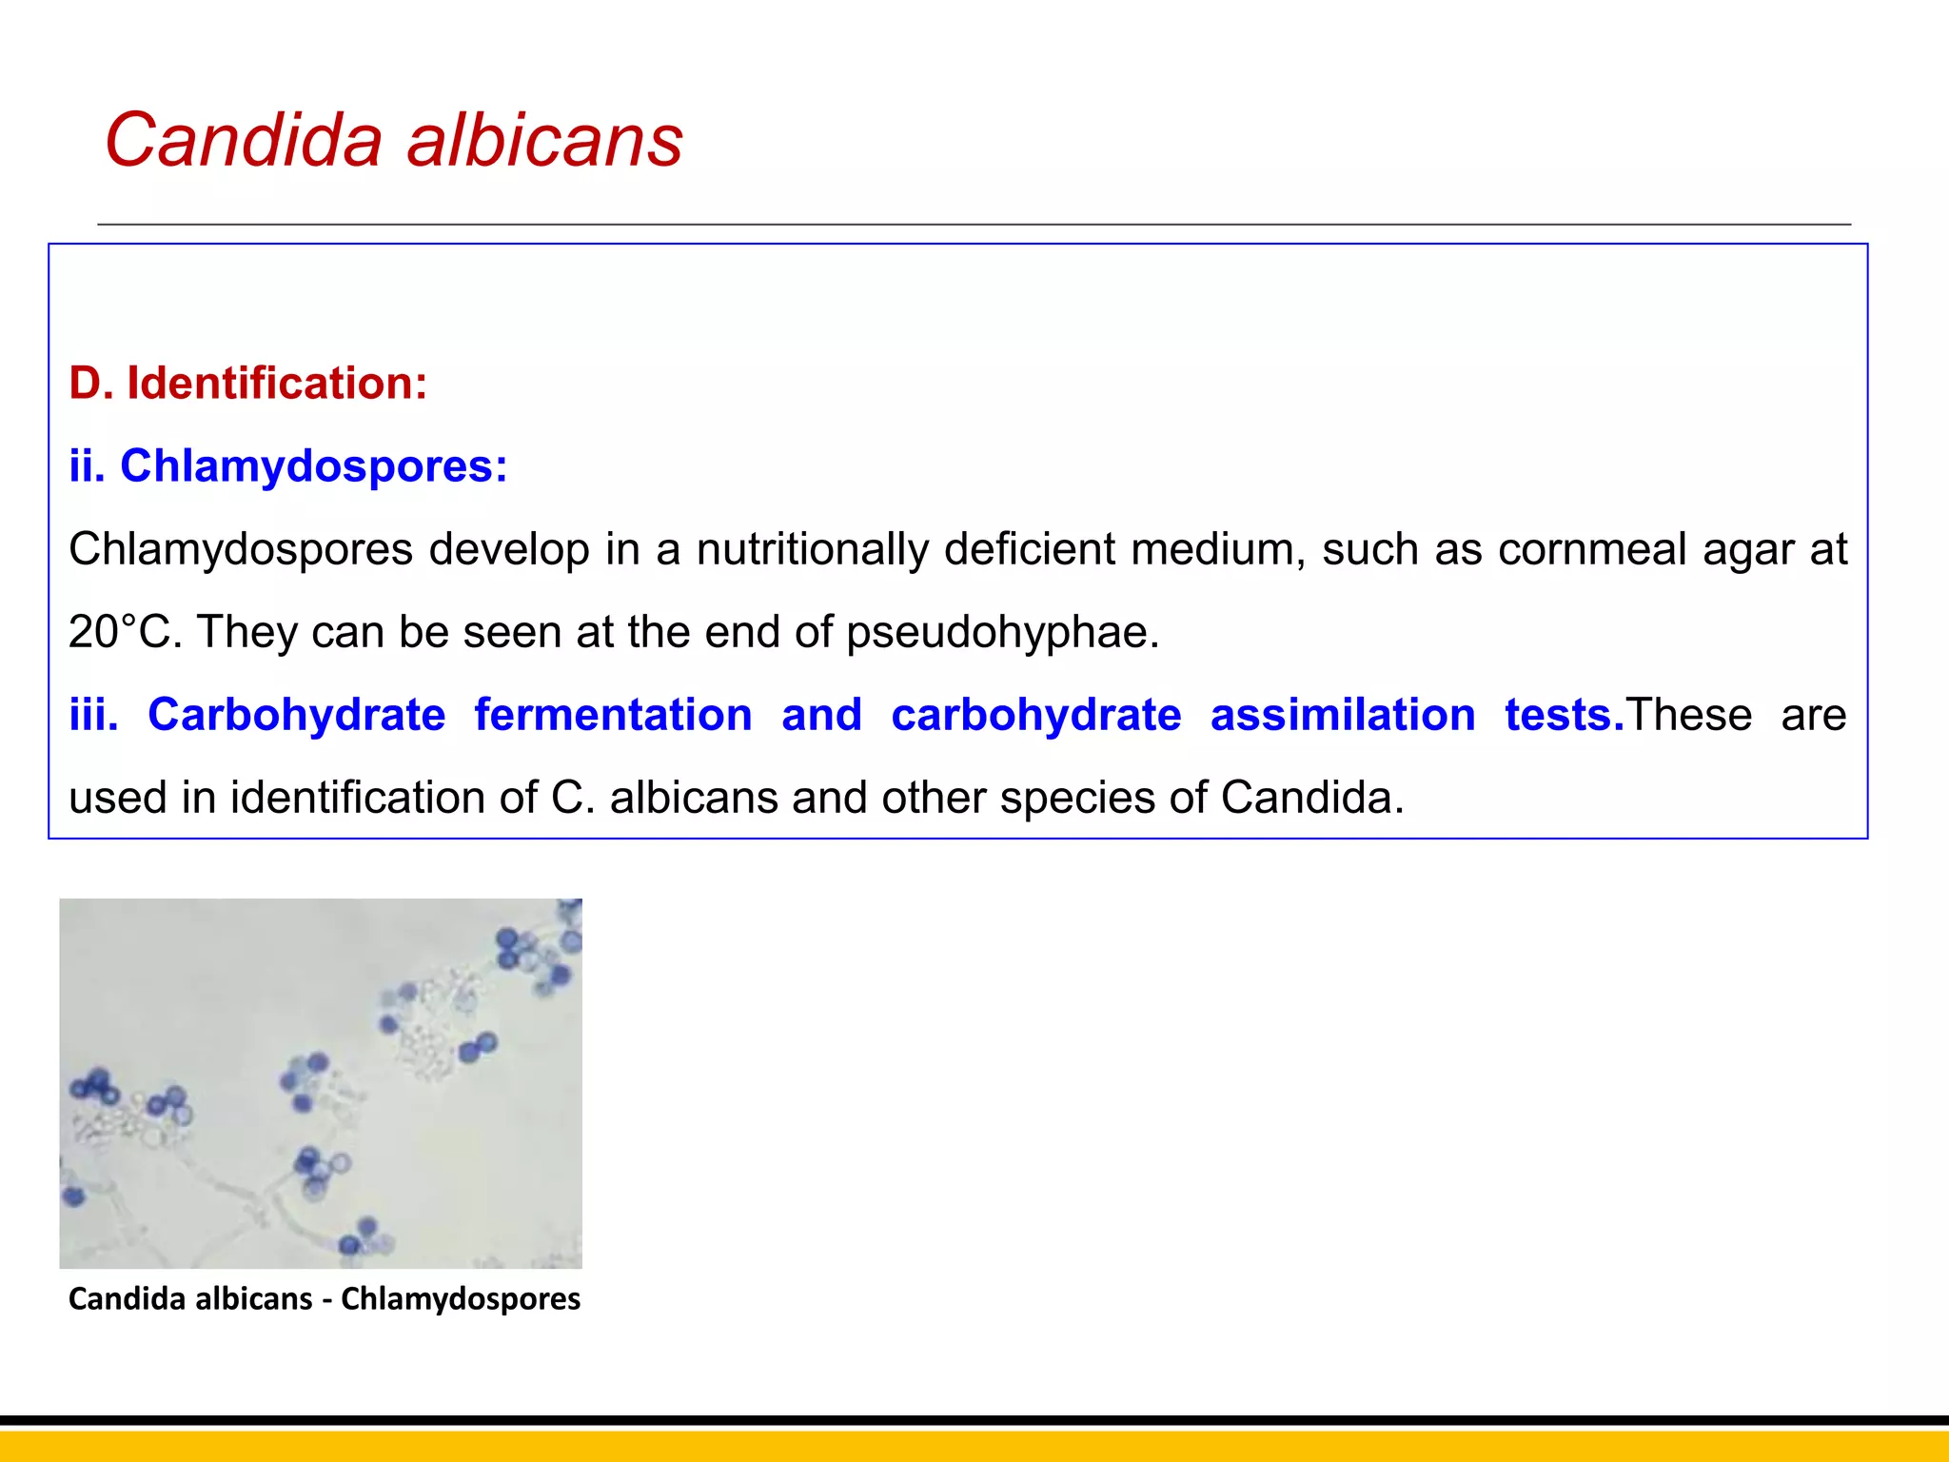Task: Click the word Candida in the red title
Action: (x=244, y=140)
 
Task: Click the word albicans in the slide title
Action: (x=544, y=140)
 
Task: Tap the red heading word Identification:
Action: (x=277, y=383)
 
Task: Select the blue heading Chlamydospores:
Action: (x=314, y=466)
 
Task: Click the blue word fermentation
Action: (x=613, y=715)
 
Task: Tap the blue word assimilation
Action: (x=1342, y=715)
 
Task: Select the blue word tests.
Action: (x=1564, y=715)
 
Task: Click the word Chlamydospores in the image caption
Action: (x=461, y=1298)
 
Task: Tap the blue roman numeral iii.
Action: (x=93, y=715)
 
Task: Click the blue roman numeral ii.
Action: (x=87, y=466)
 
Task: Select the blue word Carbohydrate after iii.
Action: (x=296, y=715)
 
